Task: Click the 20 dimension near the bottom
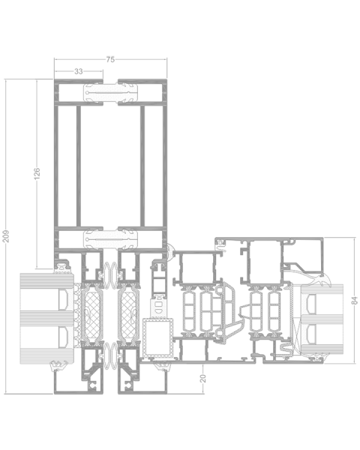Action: (202, 379)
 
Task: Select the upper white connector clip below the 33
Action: (110, 94)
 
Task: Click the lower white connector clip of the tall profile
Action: (110, 240)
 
